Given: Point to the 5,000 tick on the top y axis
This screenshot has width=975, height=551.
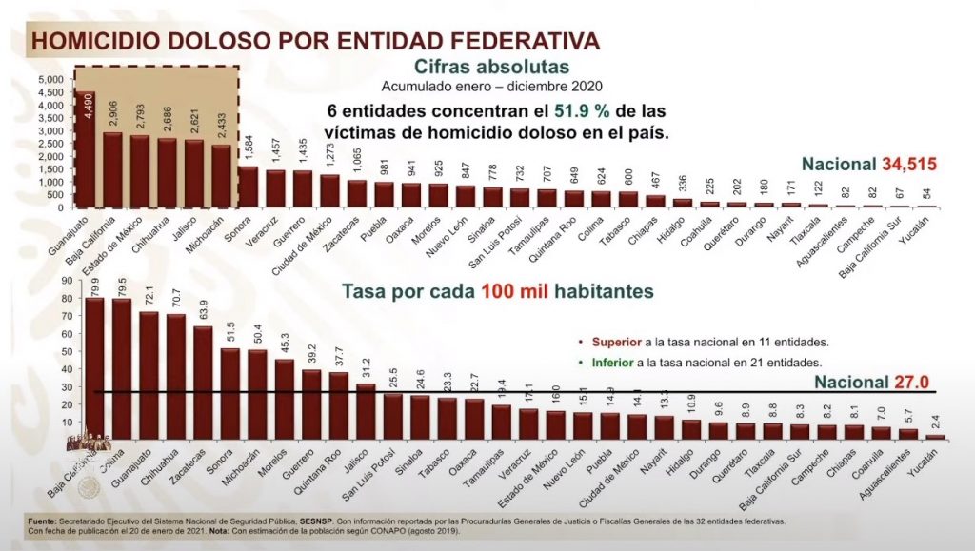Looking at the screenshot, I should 48,80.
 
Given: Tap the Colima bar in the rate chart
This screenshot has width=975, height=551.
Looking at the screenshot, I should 122,370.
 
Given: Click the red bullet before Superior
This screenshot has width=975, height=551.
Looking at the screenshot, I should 581,341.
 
